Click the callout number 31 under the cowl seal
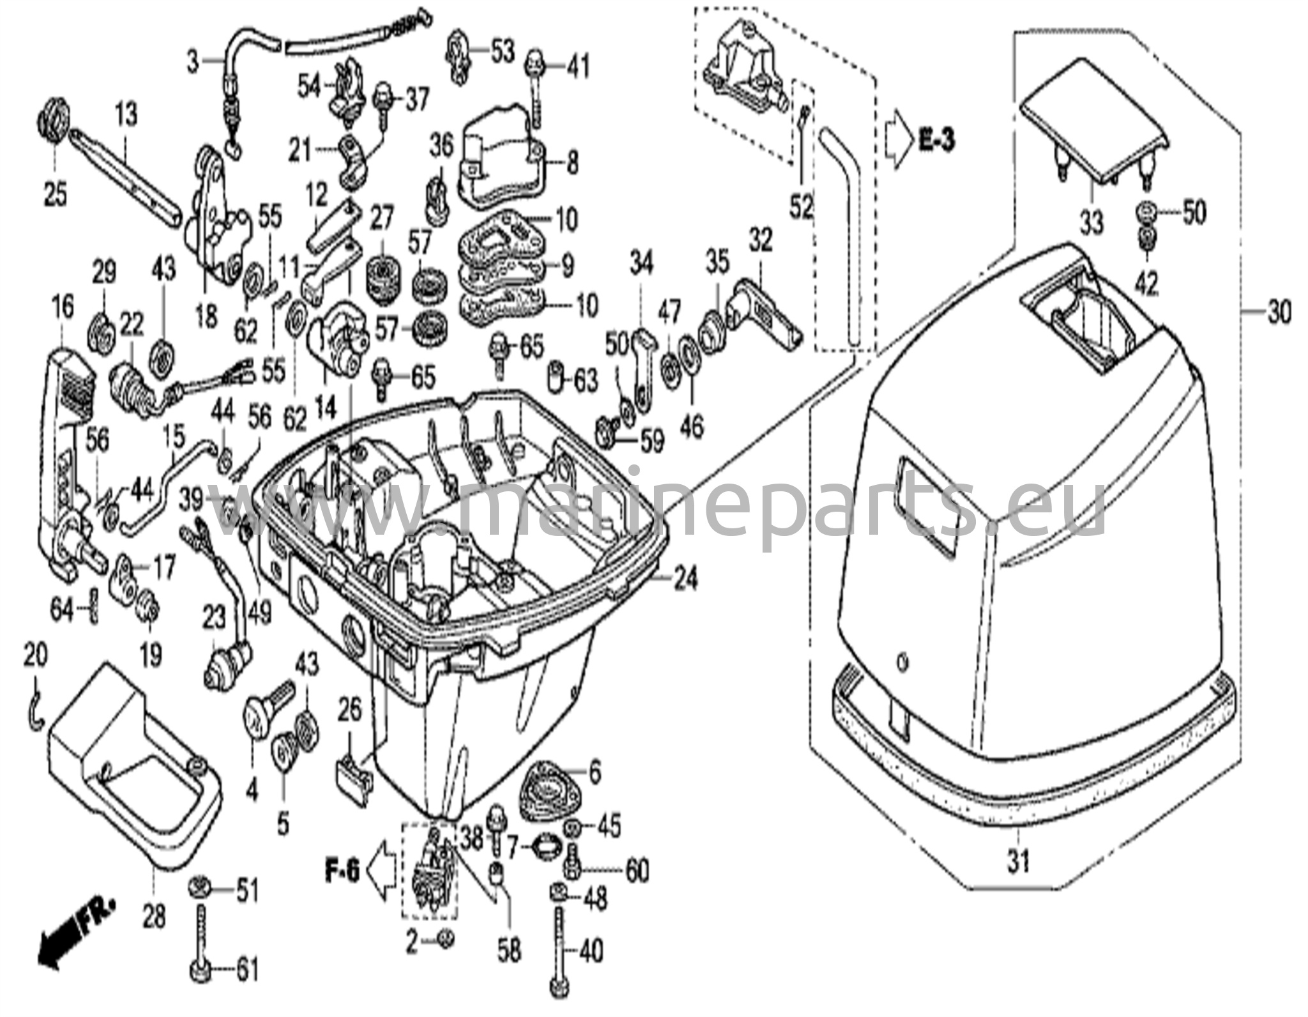[1018, 862]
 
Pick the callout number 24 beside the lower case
[685, 579]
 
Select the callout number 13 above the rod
[126, 116]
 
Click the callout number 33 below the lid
[1091, 223]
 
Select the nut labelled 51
[200, 889]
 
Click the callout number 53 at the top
[502, 51]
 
